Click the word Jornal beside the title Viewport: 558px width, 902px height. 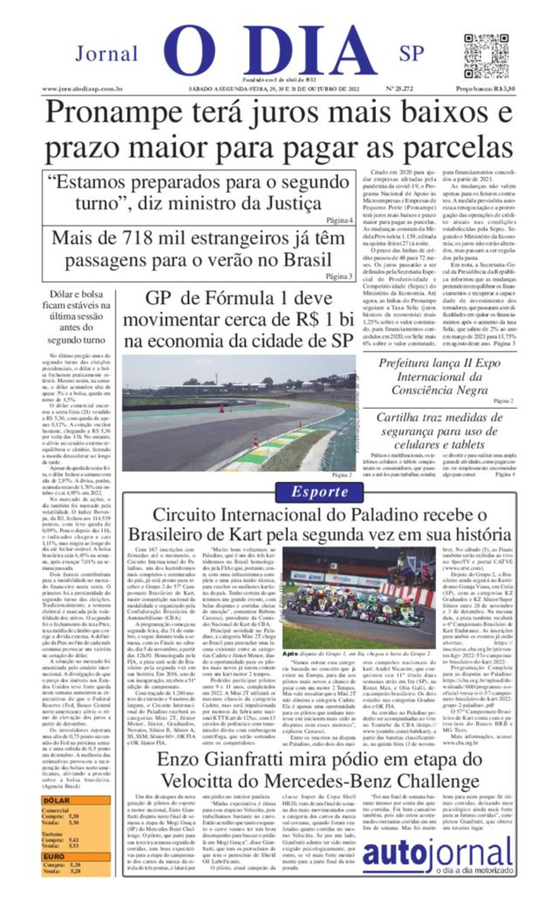point(107,54)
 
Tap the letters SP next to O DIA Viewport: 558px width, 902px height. point(411,54)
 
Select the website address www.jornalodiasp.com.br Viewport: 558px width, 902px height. point(82,89)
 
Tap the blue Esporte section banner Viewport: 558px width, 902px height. point(319,492)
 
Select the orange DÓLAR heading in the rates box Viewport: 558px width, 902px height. point(56,801)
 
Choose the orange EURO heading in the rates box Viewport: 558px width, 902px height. point(54,857)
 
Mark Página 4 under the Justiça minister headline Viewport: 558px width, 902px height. point(339,220)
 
